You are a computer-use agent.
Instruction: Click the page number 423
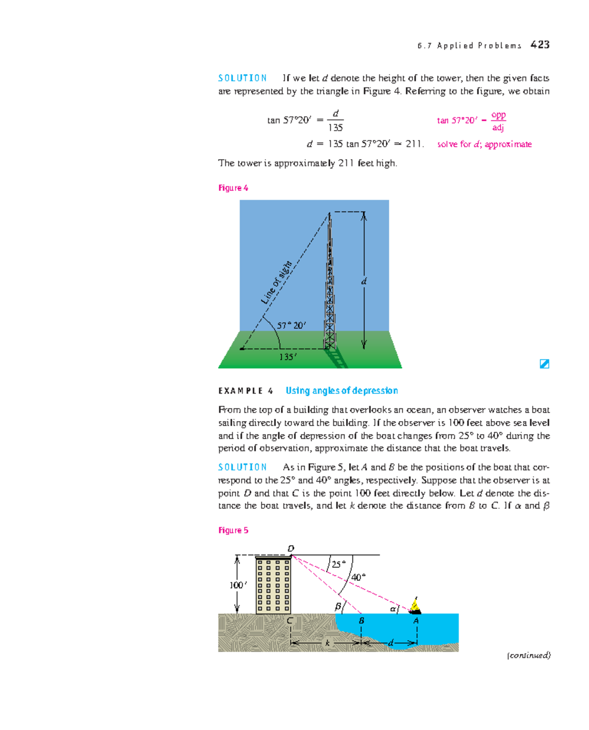tap(539, 45)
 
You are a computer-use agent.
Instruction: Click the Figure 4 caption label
tap(233, 188)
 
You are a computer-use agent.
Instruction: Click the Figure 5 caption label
tap(233, 530)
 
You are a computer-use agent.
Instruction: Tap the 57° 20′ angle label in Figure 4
tap(291, 325)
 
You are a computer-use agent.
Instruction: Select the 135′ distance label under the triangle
tap(288, 357)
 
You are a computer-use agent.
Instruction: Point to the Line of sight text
tap(277, 283)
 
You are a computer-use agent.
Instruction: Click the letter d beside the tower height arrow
tap(364, 282)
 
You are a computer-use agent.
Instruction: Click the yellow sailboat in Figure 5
tap(415, 606)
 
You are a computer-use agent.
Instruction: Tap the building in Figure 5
tap(273, 585)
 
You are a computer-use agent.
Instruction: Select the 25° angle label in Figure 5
tap(338, 565)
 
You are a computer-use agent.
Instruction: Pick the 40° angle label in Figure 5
tap(358, 577)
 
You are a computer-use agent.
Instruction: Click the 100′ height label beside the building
tap(238, 585)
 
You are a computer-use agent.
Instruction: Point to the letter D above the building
tap(291, 548)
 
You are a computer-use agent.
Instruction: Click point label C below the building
tap(290, 621)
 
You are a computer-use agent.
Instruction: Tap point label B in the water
tap(361, 621)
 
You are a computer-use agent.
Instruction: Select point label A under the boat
tap(416, 621)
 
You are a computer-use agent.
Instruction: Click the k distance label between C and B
tap(327, 643)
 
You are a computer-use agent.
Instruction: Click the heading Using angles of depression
tap(342, 391)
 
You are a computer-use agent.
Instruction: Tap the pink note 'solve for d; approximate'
tap(484, 144)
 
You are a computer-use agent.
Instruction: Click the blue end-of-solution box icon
tap(544, 364)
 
